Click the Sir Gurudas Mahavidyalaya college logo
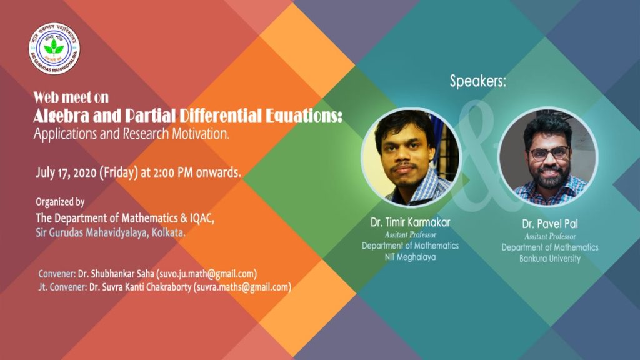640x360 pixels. (54, 48)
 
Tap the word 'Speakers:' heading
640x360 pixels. (478, 81)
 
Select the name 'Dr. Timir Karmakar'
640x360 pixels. (410, 222)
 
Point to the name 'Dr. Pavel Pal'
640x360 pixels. (550, 224)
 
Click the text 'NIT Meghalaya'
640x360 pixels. (410, 257)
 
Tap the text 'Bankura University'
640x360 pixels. (550, 259)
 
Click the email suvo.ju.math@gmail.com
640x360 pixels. (206, 274)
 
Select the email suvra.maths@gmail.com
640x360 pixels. (242, 287)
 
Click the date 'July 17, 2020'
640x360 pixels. (66, 172)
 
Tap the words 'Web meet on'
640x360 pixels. (71, 97)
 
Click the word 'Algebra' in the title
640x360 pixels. (62, 116)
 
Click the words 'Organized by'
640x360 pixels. (60, 202)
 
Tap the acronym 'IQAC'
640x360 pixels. (201, 218)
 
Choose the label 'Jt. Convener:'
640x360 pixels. (62, 287)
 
